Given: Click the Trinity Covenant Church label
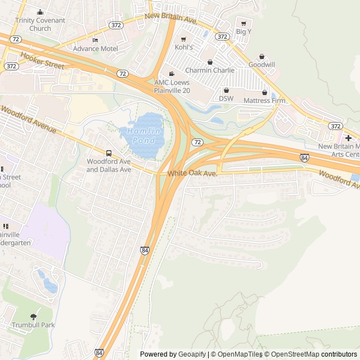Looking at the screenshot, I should (40, 24).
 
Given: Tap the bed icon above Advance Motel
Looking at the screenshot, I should (95, 40).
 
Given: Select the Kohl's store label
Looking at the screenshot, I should (183, 47).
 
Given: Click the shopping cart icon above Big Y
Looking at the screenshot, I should (243, 23).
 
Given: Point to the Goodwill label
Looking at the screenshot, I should (262, 65).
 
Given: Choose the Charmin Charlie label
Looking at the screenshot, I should (210, 70).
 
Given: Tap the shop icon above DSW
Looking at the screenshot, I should (226, 90).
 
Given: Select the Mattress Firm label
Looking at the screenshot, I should (264, 101).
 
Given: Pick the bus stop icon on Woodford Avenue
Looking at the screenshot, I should (109, 153).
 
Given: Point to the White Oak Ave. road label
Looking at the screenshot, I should (192, 174).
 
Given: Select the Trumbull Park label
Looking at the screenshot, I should (33, 325).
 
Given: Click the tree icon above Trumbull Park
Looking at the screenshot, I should (33, 317).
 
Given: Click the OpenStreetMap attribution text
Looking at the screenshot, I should (291, 354).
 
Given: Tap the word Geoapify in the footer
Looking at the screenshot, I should (192, 354).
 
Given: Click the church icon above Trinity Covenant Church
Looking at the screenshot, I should (40, 12).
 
